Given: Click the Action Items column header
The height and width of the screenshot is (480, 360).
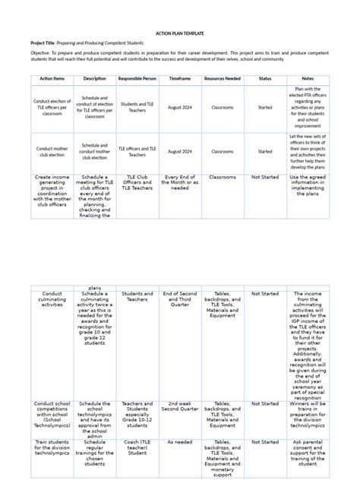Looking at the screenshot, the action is tap(52, 78).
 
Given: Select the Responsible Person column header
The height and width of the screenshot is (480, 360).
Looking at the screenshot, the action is tap(137, 78).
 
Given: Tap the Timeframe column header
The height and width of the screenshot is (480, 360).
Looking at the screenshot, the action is tap(180, 78).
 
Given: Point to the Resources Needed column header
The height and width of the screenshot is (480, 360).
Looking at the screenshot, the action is tap(223, 78).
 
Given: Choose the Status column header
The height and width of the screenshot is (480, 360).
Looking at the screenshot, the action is tap(265, 78).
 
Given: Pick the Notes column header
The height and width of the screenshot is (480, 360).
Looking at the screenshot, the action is tap(308, 78).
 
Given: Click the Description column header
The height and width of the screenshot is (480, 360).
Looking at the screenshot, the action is tap(94, 78).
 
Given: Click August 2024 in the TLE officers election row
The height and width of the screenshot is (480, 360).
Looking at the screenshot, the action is tap(180, 108).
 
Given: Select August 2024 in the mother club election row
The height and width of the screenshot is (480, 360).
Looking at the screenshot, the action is tap(180, 151).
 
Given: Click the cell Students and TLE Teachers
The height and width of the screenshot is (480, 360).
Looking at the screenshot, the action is tap(137, 108).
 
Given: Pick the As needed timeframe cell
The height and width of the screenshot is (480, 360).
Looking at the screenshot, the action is tap(180, 441).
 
